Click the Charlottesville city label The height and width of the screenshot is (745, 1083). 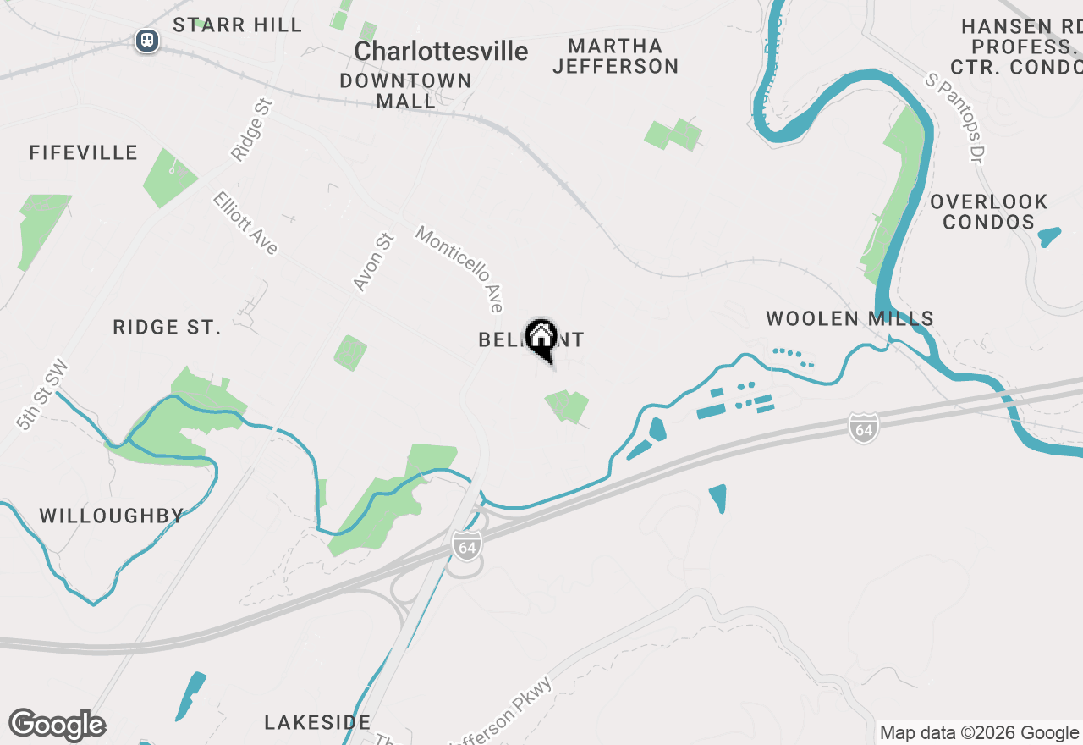click(x=441, y=51)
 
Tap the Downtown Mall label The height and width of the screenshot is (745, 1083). click(x=405, y=91)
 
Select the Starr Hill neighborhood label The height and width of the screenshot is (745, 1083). click(x=237, y=25)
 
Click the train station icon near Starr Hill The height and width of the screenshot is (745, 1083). click(x=148, y=40)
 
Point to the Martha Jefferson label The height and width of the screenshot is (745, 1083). click(x=615, y=56)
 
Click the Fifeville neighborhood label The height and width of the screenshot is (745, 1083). click(x=83, y=152)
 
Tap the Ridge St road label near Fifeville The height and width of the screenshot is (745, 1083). click(x=252, y=130)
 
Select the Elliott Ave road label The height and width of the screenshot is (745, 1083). click(x=245, y=223)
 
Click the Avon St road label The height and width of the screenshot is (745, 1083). click(x=374, y=262)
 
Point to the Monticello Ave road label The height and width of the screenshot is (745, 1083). click(x=460, y=268)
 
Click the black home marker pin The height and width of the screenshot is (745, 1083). click(x=541, y=339)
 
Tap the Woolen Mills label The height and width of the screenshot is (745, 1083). click(x=849, y=318)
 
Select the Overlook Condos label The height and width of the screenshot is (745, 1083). click(x=988, y=212)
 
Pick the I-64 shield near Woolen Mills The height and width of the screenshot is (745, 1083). click(x=862, y=428)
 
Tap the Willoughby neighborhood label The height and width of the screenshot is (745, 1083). click(x=112, y=516)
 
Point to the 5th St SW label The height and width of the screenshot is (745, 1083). click(x=41, y=395)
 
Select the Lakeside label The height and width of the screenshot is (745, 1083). click(x=317, y=722)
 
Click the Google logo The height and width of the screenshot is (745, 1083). click(x=57, y=726)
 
